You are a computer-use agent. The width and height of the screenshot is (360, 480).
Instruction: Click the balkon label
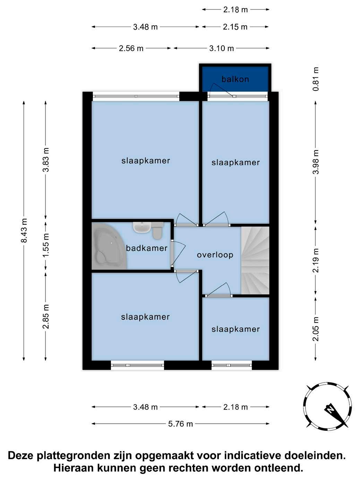(x=235, y=79)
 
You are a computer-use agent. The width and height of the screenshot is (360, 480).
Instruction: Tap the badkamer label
(x=147, y=248)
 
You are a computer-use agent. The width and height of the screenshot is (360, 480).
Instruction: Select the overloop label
(x=215, y=255)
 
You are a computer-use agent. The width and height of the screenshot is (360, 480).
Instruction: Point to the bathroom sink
(x=142, y=228)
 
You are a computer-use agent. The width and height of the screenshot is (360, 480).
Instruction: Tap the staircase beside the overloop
(x=255, y=260)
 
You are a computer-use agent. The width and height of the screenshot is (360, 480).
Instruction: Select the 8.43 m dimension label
(x=24, y=230)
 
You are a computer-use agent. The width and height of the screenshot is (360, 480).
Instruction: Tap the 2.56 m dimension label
(x=131, y=48)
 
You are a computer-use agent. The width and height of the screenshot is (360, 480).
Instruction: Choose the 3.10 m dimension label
(x=221, y=48)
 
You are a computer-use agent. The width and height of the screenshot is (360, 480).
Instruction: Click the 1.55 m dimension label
(x=46, y=246)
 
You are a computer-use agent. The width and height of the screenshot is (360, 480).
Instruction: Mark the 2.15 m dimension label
(x=235, y=27)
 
